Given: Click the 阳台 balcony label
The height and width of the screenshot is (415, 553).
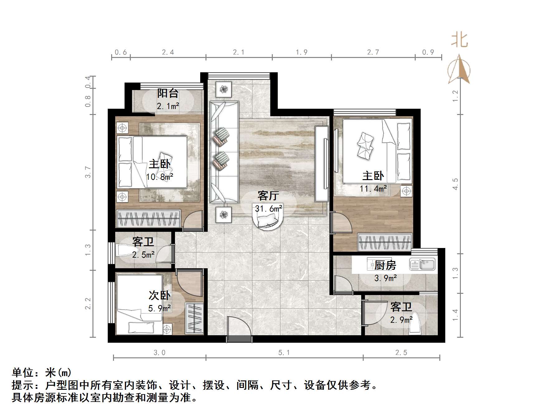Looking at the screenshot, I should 168,93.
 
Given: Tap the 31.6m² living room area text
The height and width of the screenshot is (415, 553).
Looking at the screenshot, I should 268,208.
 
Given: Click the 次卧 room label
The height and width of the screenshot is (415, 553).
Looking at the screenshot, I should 159,295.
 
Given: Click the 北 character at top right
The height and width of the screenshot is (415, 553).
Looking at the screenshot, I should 460,41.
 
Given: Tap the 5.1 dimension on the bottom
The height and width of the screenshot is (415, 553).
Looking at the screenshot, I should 284,353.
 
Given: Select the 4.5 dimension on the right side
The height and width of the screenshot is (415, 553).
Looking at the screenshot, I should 455,184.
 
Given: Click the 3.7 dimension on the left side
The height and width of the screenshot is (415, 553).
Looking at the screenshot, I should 88,172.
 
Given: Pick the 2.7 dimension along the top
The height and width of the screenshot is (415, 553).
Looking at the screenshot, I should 373,52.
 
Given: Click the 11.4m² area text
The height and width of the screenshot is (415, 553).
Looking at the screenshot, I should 373,188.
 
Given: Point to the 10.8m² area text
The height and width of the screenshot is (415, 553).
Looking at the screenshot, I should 159,177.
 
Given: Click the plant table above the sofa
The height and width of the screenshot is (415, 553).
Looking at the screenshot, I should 224,90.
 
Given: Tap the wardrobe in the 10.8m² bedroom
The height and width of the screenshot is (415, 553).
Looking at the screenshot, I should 148,218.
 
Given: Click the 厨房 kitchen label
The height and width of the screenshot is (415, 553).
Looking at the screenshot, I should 385,265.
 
